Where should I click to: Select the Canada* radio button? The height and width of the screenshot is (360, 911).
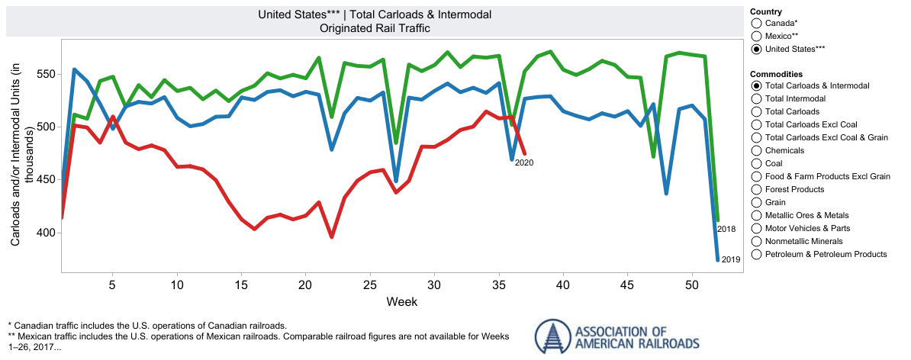(756, 24)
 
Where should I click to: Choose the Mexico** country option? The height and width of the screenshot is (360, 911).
(756, 36)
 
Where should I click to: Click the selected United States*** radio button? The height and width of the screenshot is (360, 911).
(756, 49)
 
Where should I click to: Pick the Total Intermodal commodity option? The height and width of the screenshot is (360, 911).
(756, 98)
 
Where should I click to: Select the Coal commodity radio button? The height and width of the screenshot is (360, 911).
(756, 163)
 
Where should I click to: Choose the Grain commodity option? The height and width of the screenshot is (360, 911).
(756, 202)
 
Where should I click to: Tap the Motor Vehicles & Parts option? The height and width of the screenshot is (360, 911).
(756, 228)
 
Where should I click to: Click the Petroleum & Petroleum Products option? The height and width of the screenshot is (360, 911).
(756, 254)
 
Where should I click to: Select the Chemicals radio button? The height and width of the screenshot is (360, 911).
(756, 150)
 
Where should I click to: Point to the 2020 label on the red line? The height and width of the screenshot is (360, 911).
(524, 162)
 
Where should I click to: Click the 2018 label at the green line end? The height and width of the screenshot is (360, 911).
(726, 229)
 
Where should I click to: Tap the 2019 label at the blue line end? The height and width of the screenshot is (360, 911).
(730, 259)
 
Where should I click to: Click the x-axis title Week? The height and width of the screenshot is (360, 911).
(401, 302)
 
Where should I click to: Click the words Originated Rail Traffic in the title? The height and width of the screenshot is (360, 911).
(375, 28)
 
